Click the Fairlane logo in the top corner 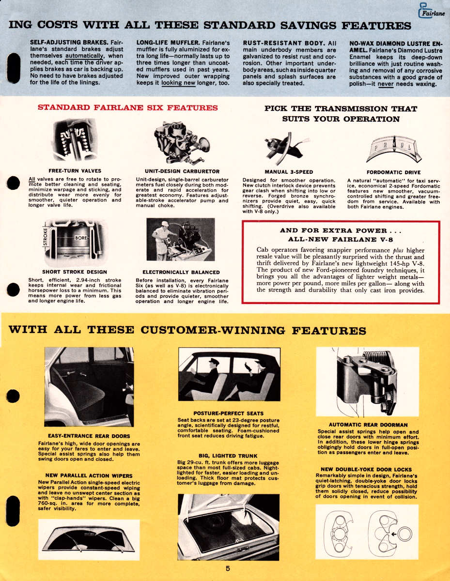coord(430,11)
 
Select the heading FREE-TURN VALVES coord(68,171)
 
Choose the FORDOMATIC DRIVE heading coord(393,172)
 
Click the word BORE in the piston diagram coord(80,239)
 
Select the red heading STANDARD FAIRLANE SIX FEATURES coord(128,107)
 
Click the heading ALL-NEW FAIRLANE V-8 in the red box coord(340,239)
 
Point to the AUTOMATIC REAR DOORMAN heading coord(368,425)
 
